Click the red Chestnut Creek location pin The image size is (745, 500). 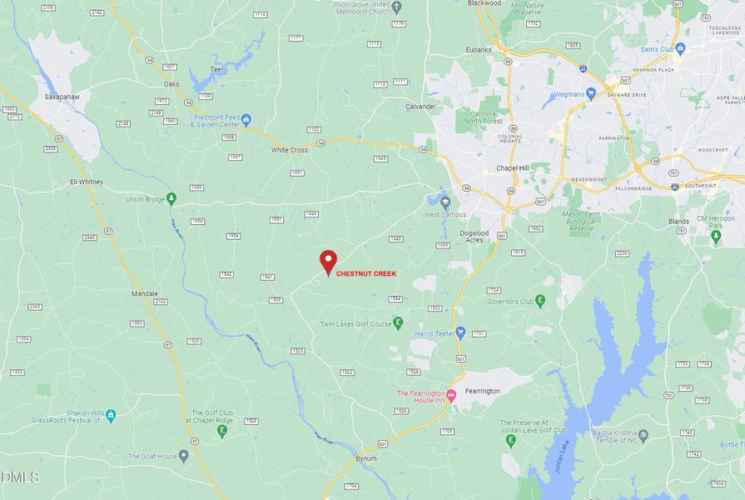click(x=328, y=262)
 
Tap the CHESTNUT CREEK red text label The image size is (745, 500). click(x=366, y=273)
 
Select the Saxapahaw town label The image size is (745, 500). click(x=61, y=97)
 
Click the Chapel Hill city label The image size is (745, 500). click(x=513, y=167)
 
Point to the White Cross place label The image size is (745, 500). click(x=290, y=150)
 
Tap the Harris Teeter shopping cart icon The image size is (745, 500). click(x=459, y=333)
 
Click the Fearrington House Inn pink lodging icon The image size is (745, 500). click(x=452, y=395)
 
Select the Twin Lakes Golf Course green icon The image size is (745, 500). click(x=398, y=322)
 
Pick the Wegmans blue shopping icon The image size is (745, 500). click(x=590, y=93)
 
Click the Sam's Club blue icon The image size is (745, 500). click(x=680, y=49)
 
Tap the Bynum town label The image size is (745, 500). click(x=365, y=459)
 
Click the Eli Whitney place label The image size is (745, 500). click(x=87, y=182)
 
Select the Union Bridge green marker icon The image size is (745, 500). click(x=171, y=198)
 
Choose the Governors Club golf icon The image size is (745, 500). click(x=540, y=300)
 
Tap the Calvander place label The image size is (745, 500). click(x=420, y=107)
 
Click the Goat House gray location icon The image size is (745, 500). click(x=184, y=457)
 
